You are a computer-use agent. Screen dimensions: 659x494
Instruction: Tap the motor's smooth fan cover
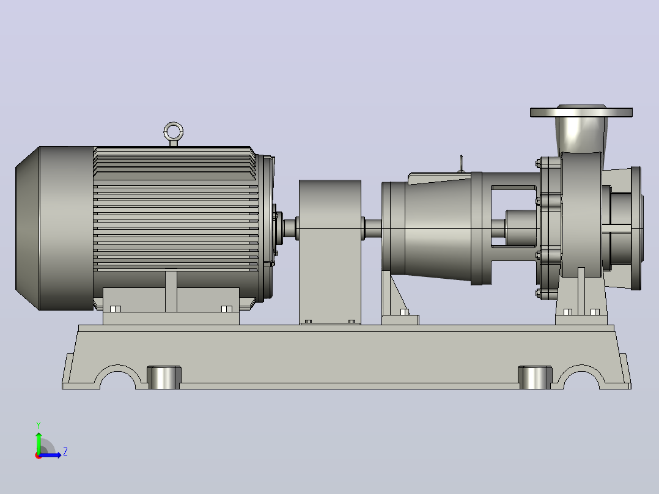tap(54, 228)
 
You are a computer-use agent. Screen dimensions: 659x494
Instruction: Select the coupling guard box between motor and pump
tap(330, 252)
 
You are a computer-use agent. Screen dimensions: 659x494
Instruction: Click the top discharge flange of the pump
tap(581, 112)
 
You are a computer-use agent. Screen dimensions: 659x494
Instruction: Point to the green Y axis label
tap(39, 425)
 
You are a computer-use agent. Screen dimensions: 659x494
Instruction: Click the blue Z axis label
tap(65, 452)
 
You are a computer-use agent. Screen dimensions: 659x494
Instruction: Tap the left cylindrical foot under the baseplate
tap(164, 377)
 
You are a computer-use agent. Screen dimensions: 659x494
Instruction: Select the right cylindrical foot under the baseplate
tap(535, 377)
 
